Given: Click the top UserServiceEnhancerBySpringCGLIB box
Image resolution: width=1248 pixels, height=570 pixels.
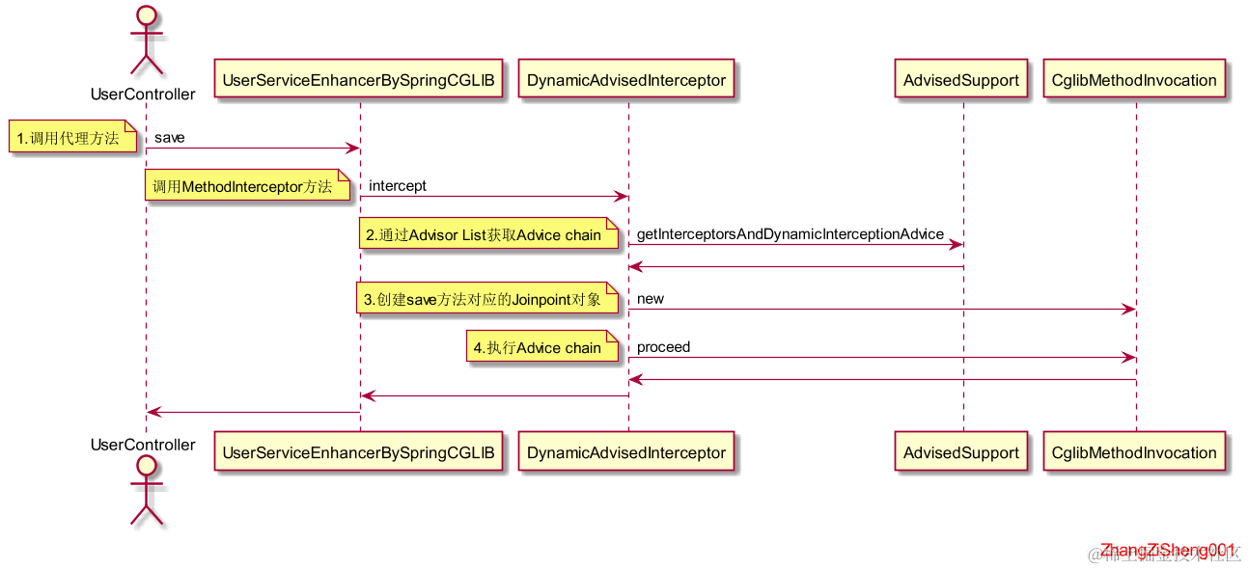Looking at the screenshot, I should point(359,80).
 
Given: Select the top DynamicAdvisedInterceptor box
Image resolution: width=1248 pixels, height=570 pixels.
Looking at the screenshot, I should point(626,80).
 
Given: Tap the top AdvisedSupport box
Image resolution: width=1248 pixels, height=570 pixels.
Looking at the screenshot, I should point(961,80).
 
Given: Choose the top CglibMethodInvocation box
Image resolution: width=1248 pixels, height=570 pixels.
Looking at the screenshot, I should point(1134,80).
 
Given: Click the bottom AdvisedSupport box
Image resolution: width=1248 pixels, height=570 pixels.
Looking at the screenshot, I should point(961,452).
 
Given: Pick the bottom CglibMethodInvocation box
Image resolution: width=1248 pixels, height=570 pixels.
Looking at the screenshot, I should point(1134,452).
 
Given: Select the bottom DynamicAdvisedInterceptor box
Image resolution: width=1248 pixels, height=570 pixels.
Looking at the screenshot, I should point(626,452).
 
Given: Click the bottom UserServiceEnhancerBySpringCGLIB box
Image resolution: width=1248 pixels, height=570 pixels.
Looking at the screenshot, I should point(359,452).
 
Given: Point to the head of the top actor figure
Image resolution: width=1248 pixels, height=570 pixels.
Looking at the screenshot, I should point(146,15).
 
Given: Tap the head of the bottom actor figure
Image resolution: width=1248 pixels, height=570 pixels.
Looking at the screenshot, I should point(146,466).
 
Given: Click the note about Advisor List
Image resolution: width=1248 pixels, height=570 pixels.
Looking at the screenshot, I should point(488,234).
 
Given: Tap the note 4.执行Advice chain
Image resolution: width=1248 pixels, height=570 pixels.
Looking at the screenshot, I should point(541,347).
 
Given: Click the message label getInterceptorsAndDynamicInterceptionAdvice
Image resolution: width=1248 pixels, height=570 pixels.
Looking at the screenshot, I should point(790,233).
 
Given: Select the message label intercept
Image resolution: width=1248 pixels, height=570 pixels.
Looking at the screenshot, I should point(398,185).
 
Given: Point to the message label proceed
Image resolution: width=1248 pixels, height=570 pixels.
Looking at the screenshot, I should point(663,346).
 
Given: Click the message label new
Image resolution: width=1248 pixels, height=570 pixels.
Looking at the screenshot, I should point(651,298).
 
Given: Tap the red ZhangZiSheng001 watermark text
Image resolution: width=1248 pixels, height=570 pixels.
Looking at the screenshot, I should point(1168,549).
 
